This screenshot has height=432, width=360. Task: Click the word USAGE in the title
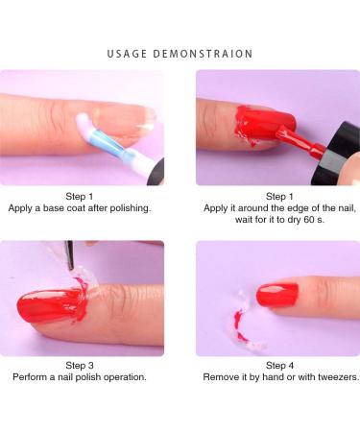tap(127, 54)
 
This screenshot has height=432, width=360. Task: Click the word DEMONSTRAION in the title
tap(203, 54)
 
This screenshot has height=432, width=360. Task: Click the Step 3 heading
tap(80, 365)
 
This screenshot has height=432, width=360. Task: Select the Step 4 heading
tap(279, 365)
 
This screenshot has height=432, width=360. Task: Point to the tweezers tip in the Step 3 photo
tap(72, 267)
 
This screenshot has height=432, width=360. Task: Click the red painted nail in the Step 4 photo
tap(277, 296)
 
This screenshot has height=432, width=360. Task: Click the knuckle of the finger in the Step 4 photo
tap(329, 296)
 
